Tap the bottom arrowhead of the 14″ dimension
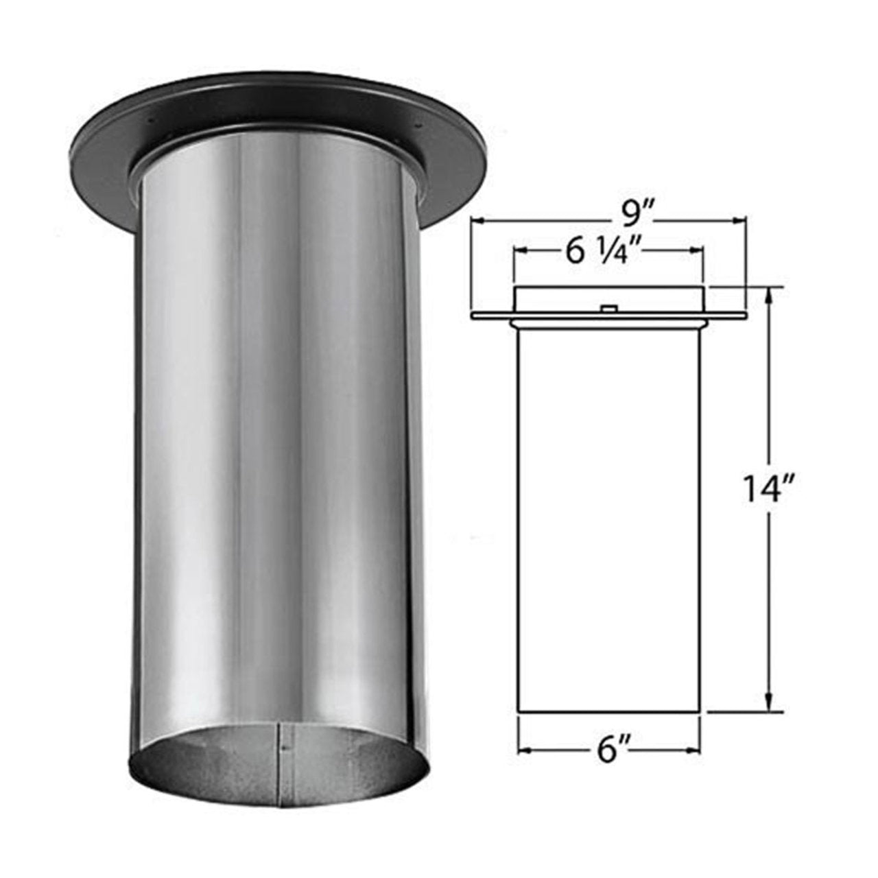tap(769, 708)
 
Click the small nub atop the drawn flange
tap(607, 309)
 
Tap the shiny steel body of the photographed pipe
tap(274, 446)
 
